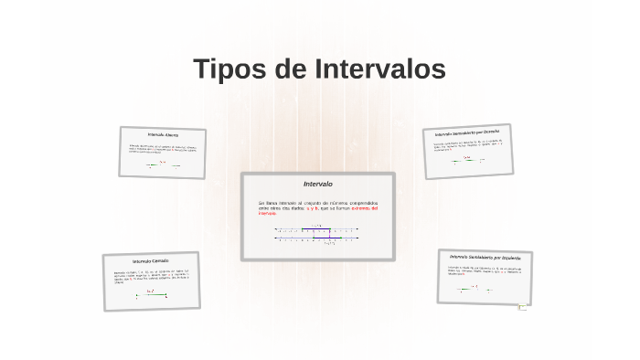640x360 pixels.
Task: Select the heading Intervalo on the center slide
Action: pos(317,185)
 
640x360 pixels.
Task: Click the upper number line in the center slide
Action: pos(316,230)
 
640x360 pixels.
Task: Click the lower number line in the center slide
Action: pos(316,239)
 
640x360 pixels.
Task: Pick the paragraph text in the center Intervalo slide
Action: pos(316,206)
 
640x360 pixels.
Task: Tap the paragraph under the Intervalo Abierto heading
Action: pos(162,148)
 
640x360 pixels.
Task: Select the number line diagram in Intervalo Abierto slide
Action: pos(163,165)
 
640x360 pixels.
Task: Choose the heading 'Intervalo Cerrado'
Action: pos(150,260)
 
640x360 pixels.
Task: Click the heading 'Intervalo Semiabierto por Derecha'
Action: pos(467,133)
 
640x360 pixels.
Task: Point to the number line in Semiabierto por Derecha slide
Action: pos(468,161)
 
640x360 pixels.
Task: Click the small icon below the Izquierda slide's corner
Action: pos(523,308)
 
